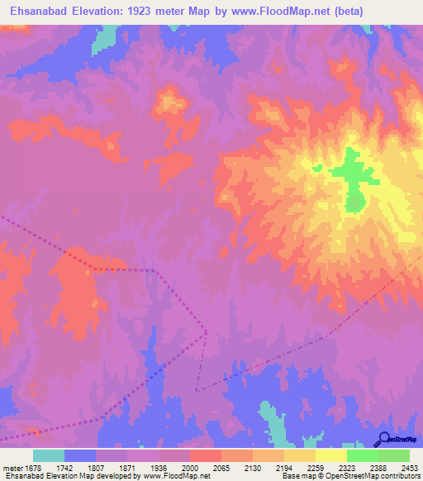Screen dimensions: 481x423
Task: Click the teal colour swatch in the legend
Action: point(49,455)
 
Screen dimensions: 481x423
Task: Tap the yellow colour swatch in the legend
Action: point(330,455)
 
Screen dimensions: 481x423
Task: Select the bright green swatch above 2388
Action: point(362,455)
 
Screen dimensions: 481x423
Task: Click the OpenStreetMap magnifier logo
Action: point(383,440)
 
